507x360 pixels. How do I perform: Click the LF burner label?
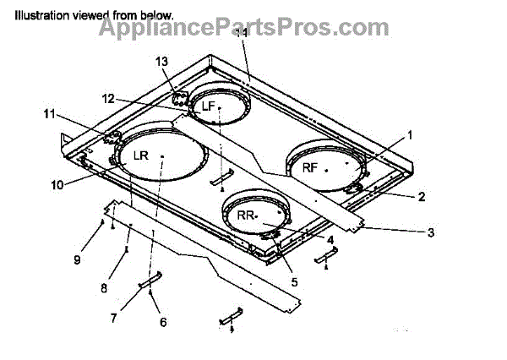click(x=209, y=106)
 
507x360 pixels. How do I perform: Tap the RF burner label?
click(x=310, y=167)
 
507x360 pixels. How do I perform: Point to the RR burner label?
click(x=246, y=215)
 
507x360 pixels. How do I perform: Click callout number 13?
click(x=162, y=62)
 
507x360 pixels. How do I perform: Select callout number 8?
click(x=103, y=287)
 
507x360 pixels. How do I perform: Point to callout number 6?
click(x=163, y=322)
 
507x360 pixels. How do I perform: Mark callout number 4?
click(x=330, y=240)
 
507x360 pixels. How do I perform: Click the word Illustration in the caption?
click(x=39, y=15)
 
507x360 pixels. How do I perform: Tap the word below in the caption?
click(x=156, y=15)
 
